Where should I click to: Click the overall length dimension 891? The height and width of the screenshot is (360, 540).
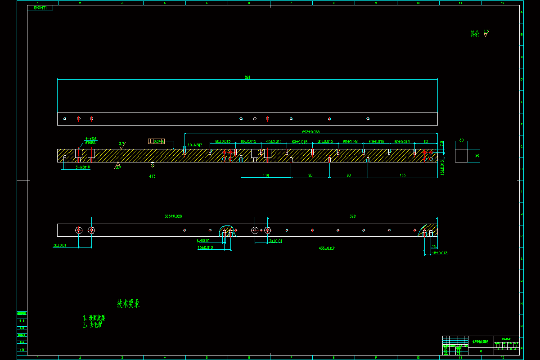click(x=247, y=77)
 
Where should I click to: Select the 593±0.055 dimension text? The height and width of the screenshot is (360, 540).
click(x=310, y=132)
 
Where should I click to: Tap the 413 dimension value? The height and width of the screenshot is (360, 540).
click(x=152, y=176)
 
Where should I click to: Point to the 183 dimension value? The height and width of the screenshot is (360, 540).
click(x=403, y=175)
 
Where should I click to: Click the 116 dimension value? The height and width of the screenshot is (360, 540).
click(x=265, y=176)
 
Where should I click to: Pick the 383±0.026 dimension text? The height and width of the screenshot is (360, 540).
click(x=173, y=216)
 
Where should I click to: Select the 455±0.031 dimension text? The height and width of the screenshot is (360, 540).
click(x=327, y=248)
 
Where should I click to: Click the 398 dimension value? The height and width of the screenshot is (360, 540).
click(x=352, y=216)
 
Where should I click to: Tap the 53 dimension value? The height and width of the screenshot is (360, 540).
click(x=426, y=141)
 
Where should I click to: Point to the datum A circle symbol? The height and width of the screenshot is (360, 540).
click(x=153, y=165)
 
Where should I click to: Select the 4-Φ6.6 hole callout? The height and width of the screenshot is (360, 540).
click(x=91, y=139)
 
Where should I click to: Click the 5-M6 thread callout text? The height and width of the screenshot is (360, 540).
click(x=83, y=167)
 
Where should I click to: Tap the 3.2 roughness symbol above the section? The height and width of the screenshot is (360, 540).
click(x=121, y=145)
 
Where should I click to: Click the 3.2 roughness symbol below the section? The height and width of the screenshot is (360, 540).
click(x=118, y=166)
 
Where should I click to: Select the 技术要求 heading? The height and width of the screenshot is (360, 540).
click(x=128, y=304)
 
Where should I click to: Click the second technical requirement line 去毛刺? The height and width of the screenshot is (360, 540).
click(x=93, y=324)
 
